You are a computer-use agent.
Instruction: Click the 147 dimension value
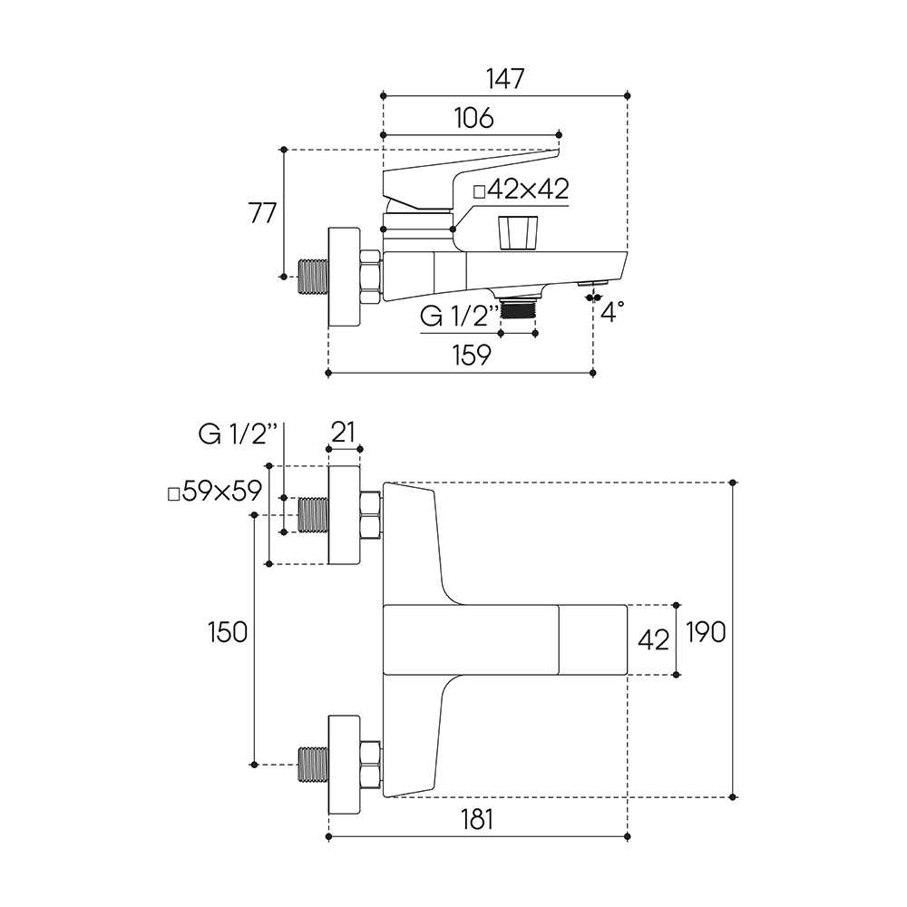pos(505,79)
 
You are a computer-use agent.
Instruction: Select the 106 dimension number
pos(473,118)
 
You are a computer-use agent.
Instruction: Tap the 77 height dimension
pos(262,214)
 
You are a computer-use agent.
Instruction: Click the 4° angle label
pos(613,314)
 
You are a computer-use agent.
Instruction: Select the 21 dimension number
pos(343,433)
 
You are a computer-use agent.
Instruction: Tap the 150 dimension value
pos(227,632)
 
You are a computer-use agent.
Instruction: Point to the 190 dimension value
pos(706,632)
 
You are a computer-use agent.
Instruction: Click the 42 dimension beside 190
pos(654,639)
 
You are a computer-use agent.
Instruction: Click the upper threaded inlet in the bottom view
pos(313,515)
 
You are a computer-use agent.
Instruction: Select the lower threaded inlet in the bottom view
pos(313,765)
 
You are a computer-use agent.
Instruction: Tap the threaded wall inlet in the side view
pos(314,278)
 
